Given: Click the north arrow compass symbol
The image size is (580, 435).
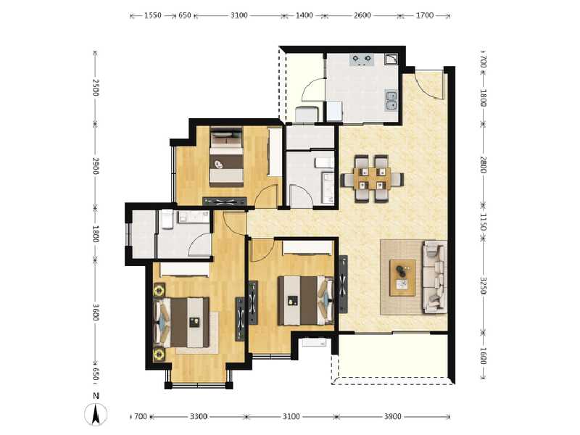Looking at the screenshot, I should coord(95,412).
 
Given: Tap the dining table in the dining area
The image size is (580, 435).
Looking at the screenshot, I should coord(371,176).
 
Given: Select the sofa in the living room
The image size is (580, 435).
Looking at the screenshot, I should coord(435,276).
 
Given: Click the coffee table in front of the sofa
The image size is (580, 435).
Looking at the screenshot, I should coord(402,277).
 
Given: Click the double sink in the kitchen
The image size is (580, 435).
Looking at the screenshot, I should coord(391,99).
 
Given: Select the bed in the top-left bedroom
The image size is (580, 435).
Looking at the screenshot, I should coord(226,157).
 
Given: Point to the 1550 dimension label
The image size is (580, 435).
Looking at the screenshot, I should coord(152,15).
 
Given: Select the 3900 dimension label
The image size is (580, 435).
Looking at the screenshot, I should coord(391,417).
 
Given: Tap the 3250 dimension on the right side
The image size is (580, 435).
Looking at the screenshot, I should coord(484,286).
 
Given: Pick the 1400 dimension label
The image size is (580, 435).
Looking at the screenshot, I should coord(304,15).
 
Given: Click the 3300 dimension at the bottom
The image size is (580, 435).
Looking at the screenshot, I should coord(199,417).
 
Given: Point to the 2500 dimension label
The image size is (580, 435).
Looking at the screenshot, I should coord(95,87).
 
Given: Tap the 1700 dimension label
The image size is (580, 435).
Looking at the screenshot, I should coord(426,15).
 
